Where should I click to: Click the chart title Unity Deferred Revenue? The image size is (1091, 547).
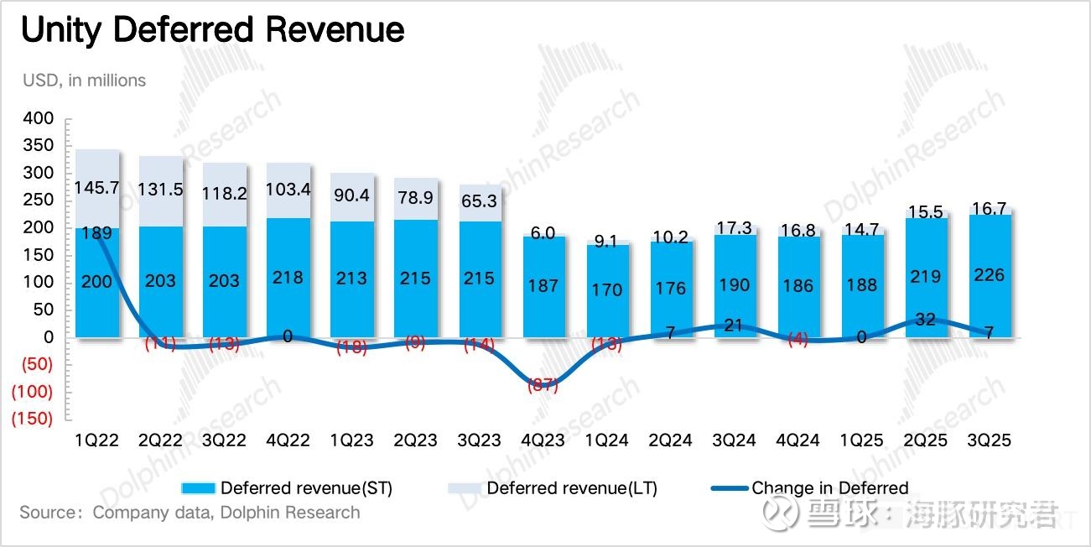[x=213, y=31]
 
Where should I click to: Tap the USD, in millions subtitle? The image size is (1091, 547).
[x=83, y=81]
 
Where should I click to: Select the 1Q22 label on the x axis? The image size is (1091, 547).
[x=96, y=440]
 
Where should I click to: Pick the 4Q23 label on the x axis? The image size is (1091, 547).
[x=543, y=440]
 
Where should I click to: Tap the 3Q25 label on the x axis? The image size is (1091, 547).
[x=989, y=440]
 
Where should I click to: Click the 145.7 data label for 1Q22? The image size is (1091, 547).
[x=98, y=187]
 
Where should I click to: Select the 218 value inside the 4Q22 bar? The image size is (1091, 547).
[x=288, y=277]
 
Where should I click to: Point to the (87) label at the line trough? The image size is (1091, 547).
[x=543, y=386]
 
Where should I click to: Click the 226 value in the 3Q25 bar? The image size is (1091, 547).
[x=989, y=274]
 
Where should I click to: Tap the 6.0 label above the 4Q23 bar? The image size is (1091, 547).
[x=543, y=233]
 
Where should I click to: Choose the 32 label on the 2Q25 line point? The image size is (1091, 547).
[x=925, y=320]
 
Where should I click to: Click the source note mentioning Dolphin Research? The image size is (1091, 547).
[x=190, y=513]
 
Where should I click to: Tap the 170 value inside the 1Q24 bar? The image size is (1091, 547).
[x=606, y=290]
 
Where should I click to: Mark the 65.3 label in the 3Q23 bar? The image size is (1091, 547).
[x=479, y=202]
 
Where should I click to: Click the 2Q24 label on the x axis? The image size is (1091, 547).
[x=670, y=440]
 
